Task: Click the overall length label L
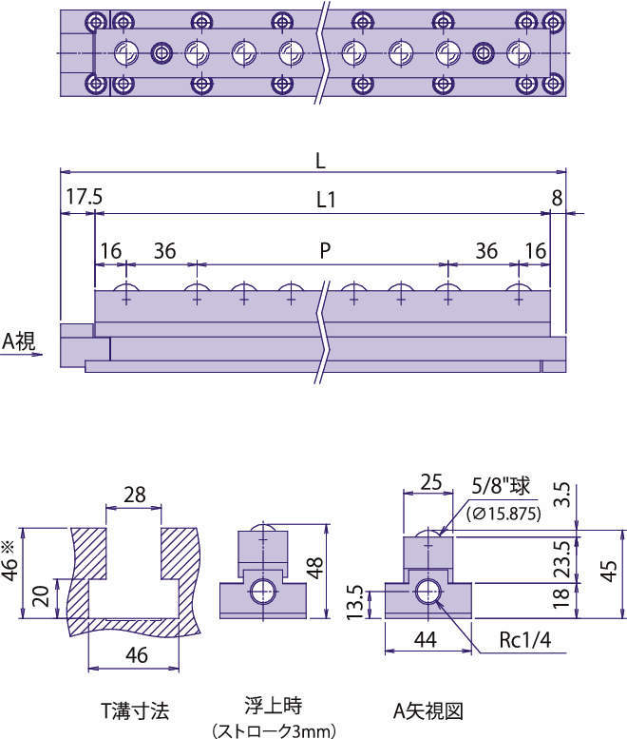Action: click(x=321, y=162)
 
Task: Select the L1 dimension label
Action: click(x=326, y=201)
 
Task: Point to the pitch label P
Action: click(x=324, y=250)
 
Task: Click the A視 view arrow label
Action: click(x=19, y=340)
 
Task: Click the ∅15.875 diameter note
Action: click(x=504, y=514)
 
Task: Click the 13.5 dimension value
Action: click(x=354, y=602)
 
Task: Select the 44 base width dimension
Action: click(x=427, y=641)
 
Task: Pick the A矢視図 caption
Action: click(x=427, y=710)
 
